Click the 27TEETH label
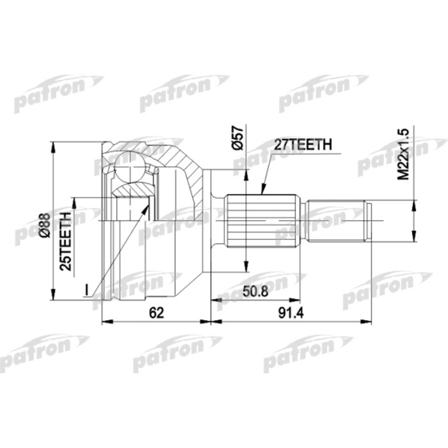(x=303, y=145)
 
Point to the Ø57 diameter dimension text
(x=238, y=139)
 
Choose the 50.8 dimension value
(x=255, y=291)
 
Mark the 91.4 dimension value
(x=290, y=313)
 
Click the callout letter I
(x=85, y=290)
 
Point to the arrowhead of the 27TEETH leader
(x=262, y=190)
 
